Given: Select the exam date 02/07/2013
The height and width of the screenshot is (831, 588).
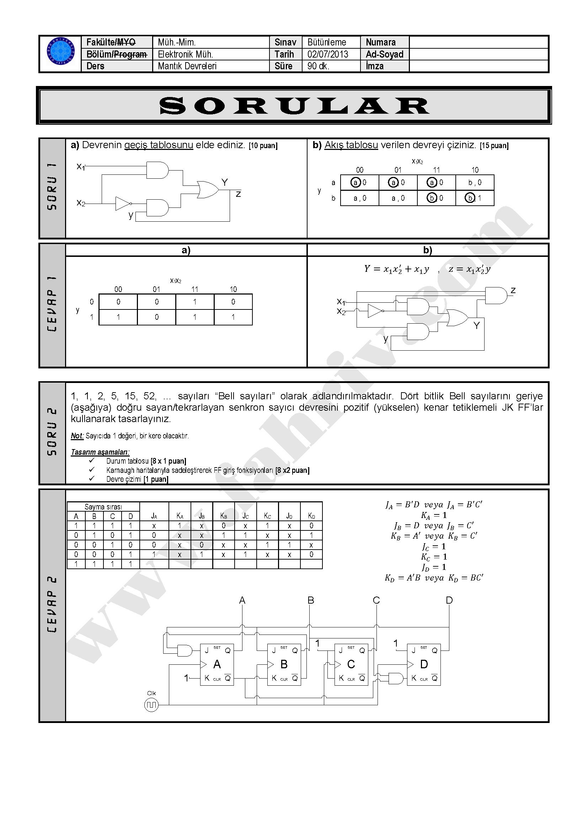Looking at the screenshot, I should [x=328, y=54].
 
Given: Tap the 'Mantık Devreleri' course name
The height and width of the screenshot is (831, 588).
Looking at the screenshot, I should [x=187, y=66].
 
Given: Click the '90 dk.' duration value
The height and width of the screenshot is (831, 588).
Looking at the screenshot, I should [x=318, y=66].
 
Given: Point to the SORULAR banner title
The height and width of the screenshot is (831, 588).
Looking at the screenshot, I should [x=294, y=106].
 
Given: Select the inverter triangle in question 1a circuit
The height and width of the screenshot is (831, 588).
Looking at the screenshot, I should [x=122, y=204].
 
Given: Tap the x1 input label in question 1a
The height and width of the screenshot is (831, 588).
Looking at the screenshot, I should [x=80, y=167].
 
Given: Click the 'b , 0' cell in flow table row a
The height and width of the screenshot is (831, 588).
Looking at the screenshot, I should [x=475, y=183].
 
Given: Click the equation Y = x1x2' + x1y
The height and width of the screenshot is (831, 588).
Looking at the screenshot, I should [x=396, y=269].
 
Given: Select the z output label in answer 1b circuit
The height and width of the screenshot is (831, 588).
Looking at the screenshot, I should [x=513, y=290].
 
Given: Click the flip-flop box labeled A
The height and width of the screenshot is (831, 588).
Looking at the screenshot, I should [x=217, y=664].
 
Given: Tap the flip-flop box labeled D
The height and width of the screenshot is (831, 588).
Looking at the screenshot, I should [x=424, y=664].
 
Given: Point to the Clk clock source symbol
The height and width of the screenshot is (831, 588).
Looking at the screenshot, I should [x=151, y=705].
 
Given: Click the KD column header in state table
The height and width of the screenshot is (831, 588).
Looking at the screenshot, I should [x=311, y=516].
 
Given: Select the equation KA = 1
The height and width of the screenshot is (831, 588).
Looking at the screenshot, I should [x=434, y=515].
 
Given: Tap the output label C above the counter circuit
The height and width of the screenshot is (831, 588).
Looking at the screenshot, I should [x=376, y=600].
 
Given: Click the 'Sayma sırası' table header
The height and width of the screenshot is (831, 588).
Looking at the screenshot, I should [x=103, y=507].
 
